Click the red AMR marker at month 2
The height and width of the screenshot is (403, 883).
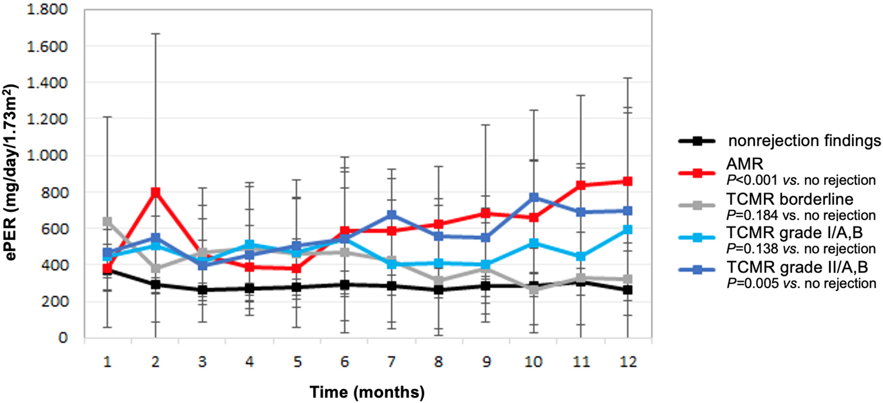(x=155, y=192)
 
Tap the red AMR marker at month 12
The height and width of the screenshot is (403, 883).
(x=628, y=181)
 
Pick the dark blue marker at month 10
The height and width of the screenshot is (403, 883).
(x=534, y=197)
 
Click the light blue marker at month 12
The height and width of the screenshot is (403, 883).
(x=628, y=229)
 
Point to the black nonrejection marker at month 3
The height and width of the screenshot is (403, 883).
(x=202, y=290)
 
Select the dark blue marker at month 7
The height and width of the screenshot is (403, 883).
(x=392, y=215)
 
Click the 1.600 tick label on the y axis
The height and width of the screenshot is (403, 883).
(x=47, y=46)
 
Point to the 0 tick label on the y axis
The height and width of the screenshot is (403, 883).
(x=63, y=338)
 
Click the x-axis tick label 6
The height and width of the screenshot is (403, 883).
(x=345, y=362)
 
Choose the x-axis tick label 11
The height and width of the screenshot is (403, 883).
(x=581, y=362)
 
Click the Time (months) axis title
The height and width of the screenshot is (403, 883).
(x=367, y=392)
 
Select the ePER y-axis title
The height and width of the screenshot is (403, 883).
(x=11, y=172)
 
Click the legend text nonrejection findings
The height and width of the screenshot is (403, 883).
(x=804, y=141)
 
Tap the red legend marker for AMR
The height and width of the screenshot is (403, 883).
(x=698, y=173)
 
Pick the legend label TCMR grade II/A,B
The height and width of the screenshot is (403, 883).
(x=797, y=268)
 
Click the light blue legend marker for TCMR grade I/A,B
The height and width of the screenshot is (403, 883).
(x=698, y=238)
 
